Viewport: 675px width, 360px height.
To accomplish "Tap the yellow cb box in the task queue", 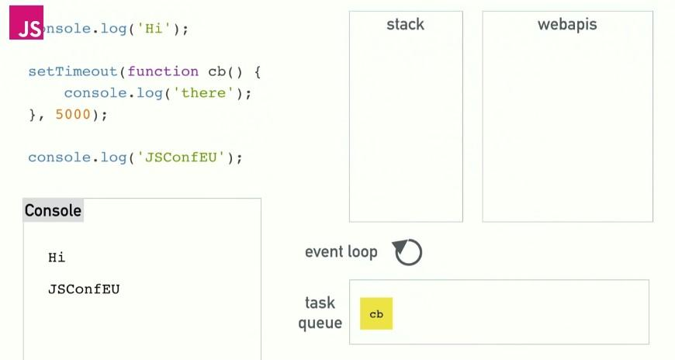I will click(x=376, y=313).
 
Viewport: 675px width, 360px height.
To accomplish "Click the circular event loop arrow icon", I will click(x=408, y=252).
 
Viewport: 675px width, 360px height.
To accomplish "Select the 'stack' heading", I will click(x=405, y=25).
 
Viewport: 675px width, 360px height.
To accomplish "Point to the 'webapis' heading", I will click(x=567, y=25).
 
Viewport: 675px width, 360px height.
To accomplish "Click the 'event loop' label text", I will click(x=341, y=251).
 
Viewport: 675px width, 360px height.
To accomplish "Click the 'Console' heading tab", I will click(x=53, y=210).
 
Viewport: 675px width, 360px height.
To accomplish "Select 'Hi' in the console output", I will click(x=57, y=257).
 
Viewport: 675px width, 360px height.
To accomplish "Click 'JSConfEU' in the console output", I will click(x=84, y=289).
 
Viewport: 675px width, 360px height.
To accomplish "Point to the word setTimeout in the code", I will click(x=72, y=71).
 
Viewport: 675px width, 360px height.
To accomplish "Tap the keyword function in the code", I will click(x=163, y=71).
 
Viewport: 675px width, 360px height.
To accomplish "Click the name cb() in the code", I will click(x=225, y=71).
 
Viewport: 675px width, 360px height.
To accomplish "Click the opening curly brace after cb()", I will click(x=258, y=71).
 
